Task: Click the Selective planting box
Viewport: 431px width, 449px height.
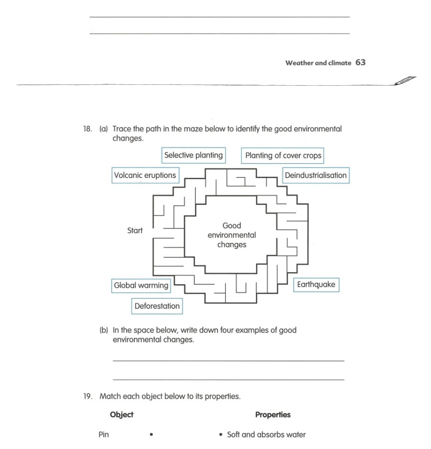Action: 194,155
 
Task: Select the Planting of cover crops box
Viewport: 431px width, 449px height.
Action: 283,156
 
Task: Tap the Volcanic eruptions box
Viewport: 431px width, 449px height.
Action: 145,175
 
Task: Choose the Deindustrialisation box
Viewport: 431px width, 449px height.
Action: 316,175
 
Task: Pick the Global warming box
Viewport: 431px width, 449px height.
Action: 141,286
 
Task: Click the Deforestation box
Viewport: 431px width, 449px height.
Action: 157,306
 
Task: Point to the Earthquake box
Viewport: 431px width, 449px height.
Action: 316,285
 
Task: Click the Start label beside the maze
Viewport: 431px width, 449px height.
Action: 135,231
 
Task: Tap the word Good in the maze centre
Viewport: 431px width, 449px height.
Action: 232,226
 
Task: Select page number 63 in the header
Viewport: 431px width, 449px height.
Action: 361,62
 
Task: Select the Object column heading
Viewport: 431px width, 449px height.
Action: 122,415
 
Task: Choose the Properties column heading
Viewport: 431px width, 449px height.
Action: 273,415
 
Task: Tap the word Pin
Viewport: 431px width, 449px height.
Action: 104,435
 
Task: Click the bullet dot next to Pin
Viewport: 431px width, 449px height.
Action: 152,435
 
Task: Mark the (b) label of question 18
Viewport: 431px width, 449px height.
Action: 104,330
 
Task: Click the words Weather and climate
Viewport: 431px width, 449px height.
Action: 318,63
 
